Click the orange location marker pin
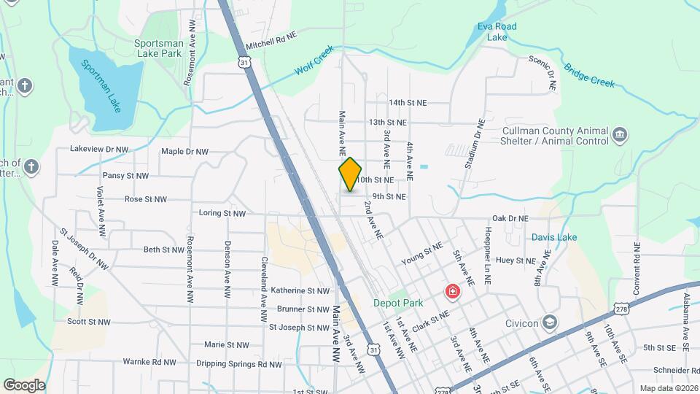tap(350, 174)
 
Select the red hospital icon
tap(453, 293)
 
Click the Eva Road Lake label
tap(497, 31)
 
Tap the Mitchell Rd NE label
tap(272, 40)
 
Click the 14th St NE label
tap(408, 103)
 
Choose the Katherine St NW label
tap(300, 290)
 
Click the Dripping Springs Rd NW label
tap(238, 363)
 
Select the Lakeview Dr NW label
tap(99, 148)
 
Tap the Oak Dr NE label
tap(510, 217)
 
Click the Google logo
tap(24, 385)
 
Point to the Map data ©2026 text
tap(669, 388)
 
